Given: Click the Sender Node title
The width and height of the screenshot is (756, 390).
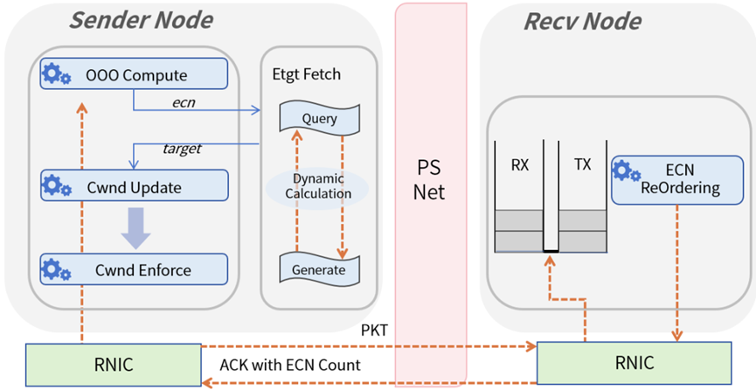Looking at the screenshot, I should (141, 18).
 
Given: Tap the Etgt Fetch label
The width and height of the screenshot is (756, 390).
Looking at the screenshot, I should (308, 75).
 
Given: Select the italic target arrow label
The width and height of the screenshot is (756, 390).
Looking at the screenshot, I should (182, 149).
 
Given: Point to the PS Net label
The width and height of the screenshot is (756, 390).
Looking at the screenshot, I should (429, 179).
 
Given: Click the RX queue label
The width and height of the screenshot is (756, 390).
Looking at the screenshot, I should (520, 162).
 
